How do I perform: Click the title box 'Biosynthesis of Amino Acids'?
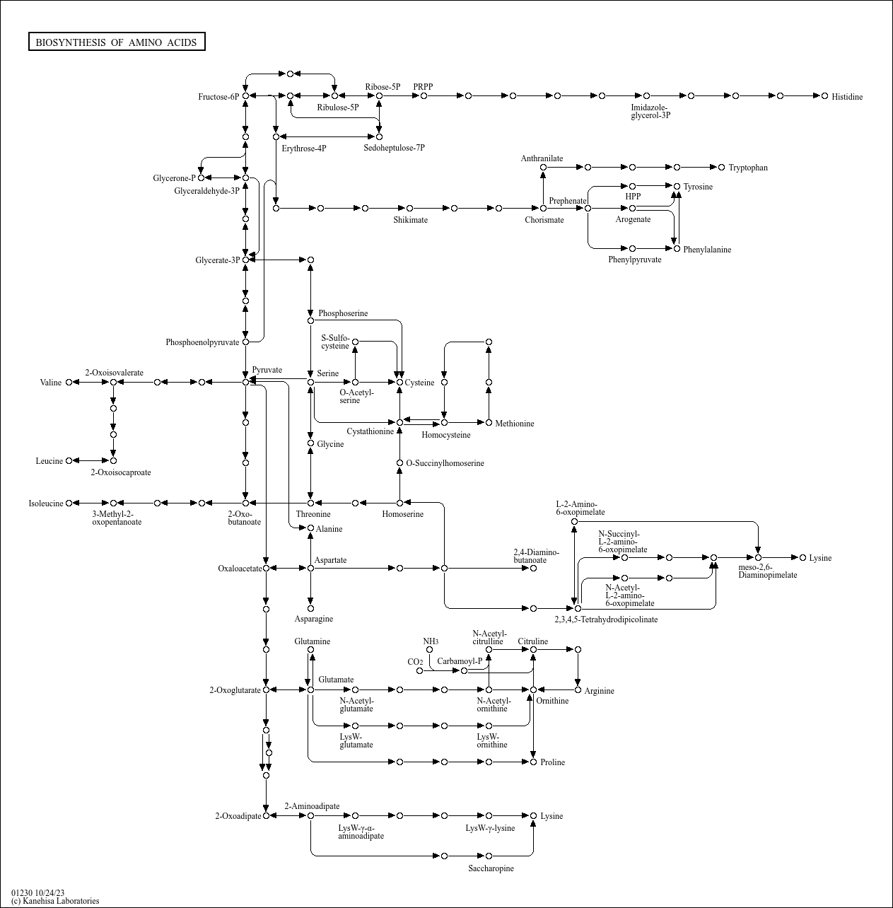(117, 42)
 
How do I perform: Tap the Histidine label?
(846, 97)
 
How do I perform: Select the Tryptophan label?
(747, 168)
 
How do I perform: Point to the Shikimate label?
(410, 220)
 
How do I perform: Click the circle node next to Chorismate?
(543, 208)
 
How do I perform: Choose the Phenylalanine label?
(706, 250)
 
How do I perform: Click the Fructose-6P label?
(218, 97)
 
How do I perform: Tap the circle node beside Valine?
(69, 383)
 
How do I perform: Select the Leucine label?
(49, 461)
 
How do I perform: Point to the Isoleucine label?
(46, 504)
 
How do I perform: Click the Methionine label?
(514, 424)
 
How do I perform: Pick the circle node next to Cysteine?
(399, 383)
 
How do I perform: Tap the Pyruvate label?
(267, 370)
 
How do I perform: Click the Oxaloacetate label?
(240, 568)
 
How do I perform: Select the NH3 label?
(431, 641)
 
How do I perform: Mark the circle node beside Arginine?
(578, 689)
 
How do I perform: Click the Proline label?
(552, 762)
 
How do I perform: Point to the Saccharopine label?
(491, 868)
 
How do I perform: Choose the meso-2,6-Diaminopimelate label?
(767, 571)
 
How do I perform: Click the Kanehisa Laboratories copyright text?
(55, 901)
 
